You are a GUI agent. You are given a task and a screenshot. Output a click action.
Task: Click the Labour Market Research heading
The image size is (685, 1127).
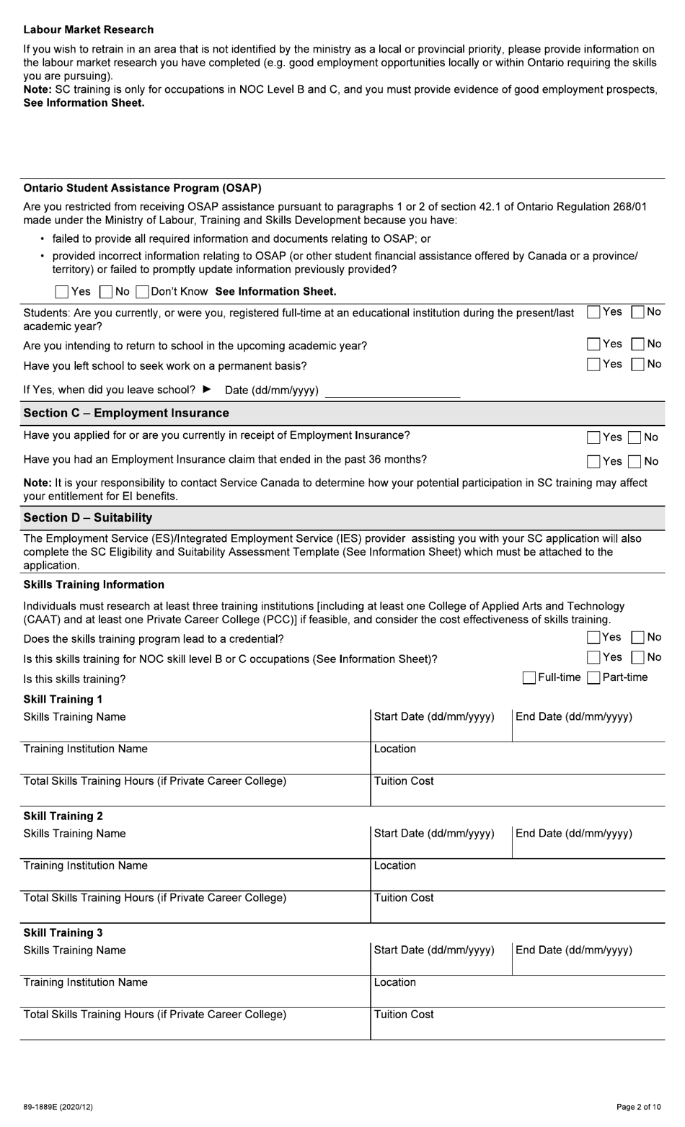(x=88, y=30)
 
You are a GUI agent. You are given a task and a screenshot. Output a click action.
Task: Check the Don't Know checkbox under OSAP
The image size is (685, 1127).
(x=142, y=292)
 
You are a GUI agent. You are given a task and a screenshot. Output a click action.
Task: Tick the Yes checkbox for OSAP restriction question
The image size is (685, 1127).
(x=62, y=292)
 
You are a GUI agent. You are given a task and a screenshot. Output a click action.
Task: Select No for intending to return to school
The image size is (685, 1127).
(x=637, y=344)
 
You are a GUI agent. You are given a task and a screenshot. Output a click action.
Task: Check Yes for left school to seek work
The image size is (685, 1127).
(x=593, y=365)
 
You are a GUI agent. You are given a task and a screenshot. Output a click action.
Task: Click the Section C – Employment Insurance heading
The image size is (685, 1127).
(x=126, y=413)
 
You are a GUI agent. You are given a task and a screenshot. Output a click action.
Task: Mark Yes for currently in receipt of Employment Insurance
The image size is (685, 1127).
(x=593, y=437)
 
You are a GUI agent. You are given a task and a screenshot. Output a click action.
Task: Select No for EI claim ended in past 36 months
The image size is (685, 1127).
(x=635, y=462)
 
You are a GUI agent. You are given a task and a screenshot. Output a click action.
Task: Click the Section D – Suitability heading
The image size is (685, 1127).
(x=88, y=517)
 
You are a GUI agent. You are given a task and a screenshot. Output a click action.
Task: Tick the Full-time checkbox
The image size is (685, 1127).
(x=529, y=678)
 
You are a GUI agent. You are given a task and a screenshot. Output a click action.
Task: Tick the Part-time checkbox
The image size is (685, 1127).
(x=593, y=678)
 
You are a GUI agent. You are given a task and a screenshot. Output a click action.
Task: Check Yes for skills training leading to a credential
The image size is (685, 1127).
(x=593, y=638)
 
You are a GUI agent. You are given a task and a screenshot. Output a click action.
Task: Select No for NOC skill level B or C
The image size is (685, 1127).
(x=637, y=658)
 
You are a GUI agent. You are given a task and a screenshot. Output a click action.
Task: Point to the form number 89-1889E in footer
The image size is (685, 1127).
(x=58, y=1107)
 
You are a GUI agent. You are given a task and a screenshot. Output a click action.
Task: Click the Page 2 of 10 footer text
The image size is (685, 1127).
(x=638, y=1107)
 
